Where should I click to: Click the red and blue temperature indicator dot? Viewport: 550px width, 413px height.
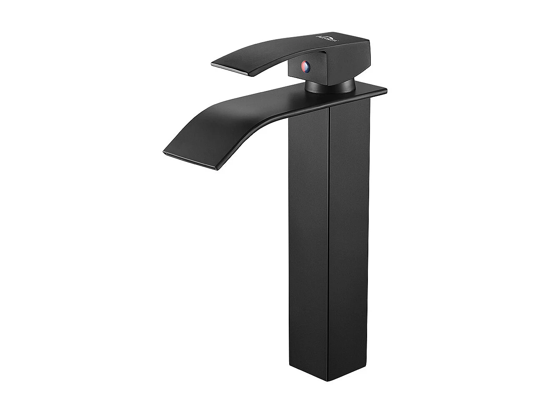[305, 66]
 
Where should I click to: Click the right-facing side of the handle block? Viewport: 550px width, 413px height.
[346, 63]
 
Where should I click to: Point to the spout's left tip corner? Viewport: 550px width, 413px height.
[163, 151]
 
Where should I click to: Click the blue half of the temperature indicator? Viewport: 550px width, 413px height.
[308, 66]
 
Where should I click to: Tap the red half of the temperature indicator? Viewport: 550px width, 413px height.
[303, 66]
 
